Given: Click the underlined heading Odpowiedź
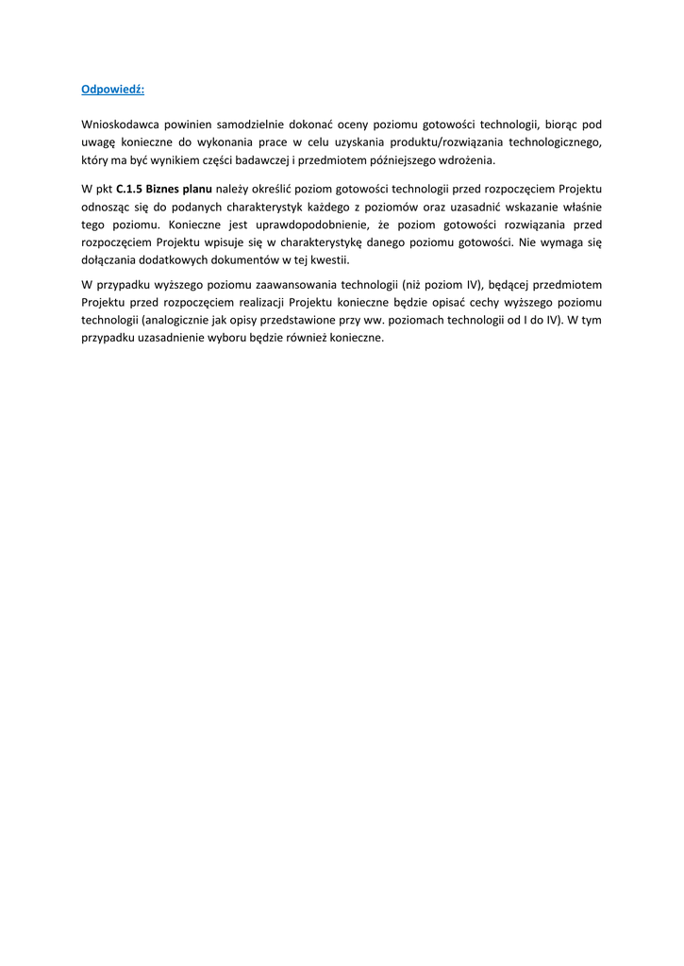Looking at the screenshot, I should (x=113, y=90).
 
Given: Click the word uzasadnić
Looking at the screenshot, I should (x=483, y=207).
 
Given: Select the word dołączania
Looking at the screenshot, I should (x=108, y=259).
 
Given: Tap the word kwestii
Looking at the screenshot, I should (x=330, y=259).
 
